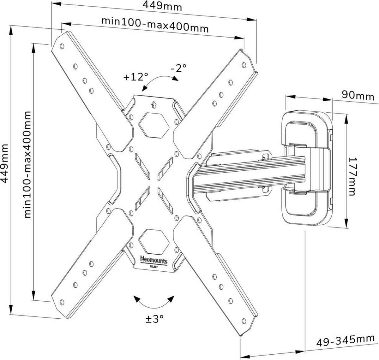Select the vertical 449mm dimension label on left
click(x=5, y=163)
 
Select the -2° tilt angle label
click(x=178, y=68)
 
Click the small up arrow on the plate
click(x=154, y=104)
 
